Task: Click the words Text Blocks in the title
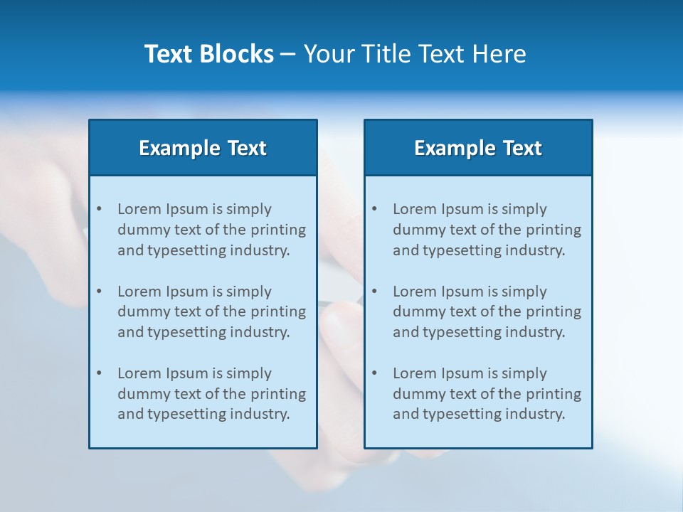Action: pyautogui.click(x=208, y=54)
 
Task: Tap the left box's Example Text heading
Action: pyautogui.click(x=203, y=148)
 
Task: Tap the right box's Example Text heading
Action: pyautogui.click(x=478, y=148)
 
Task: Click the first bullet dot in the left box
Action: pyautogui.click(x=99, y=209)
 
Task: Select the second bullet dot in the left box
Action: pyautogui.click(x=99, y=292)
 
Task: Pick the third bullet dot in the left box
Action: pyautogui.click(x=99, y=373)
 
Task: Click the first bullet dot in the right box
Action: pyautogui.click(x=374, y=209)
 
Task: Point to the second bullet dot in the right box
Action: pyautogui.click(x=374, y=292)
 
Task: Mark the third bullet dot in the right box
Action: pyautogui.click(x=374, y=373)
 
